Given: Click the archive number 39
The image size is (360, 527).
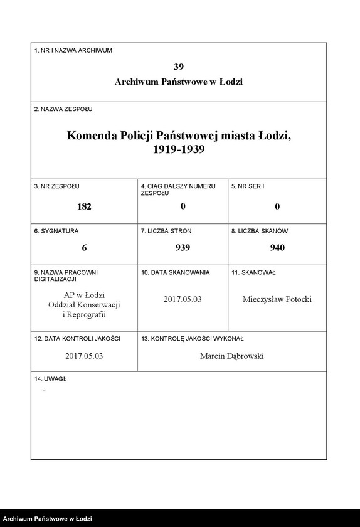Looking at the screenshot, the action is point(179,67).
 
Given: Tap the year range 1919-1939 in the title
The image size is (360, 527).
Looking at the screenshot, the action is point(179,150).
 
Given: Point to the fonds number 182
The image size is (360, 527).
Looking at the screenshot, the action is point(84,206).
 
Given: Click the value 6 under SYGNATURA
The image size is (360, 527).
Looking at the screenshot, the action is point(84,248).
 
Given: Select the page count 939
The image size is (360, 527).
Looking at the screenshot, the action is point(183,248).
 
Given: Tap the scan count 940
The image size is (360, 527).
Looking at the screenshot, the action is point(277,248).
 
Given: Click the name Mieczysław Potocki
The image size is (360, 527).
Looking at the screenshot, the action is point(277,299).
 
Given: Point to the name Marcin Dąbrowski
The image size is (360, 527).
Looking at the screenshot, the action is point(232,356).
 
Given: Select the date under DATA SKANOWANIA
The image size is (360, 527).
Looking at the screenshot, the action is point(183,299).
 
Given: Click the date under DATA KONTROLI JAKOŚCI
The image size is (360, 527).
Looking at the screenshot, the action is point(84,356).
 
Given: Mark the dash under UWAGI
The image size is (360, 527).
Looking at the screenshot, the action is point(44,390).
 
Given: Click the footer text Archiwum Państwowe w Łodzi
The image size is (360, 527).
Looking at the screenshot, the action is point(48,519).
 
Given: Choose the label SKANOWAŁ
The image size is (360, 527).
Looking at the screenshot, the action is point(253,272).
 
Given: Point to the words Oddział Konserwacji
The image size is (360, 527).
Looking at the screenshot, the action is point(84,304).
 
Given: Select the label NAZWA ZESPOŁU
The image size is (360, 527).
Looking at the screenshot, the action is point(63,109).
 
